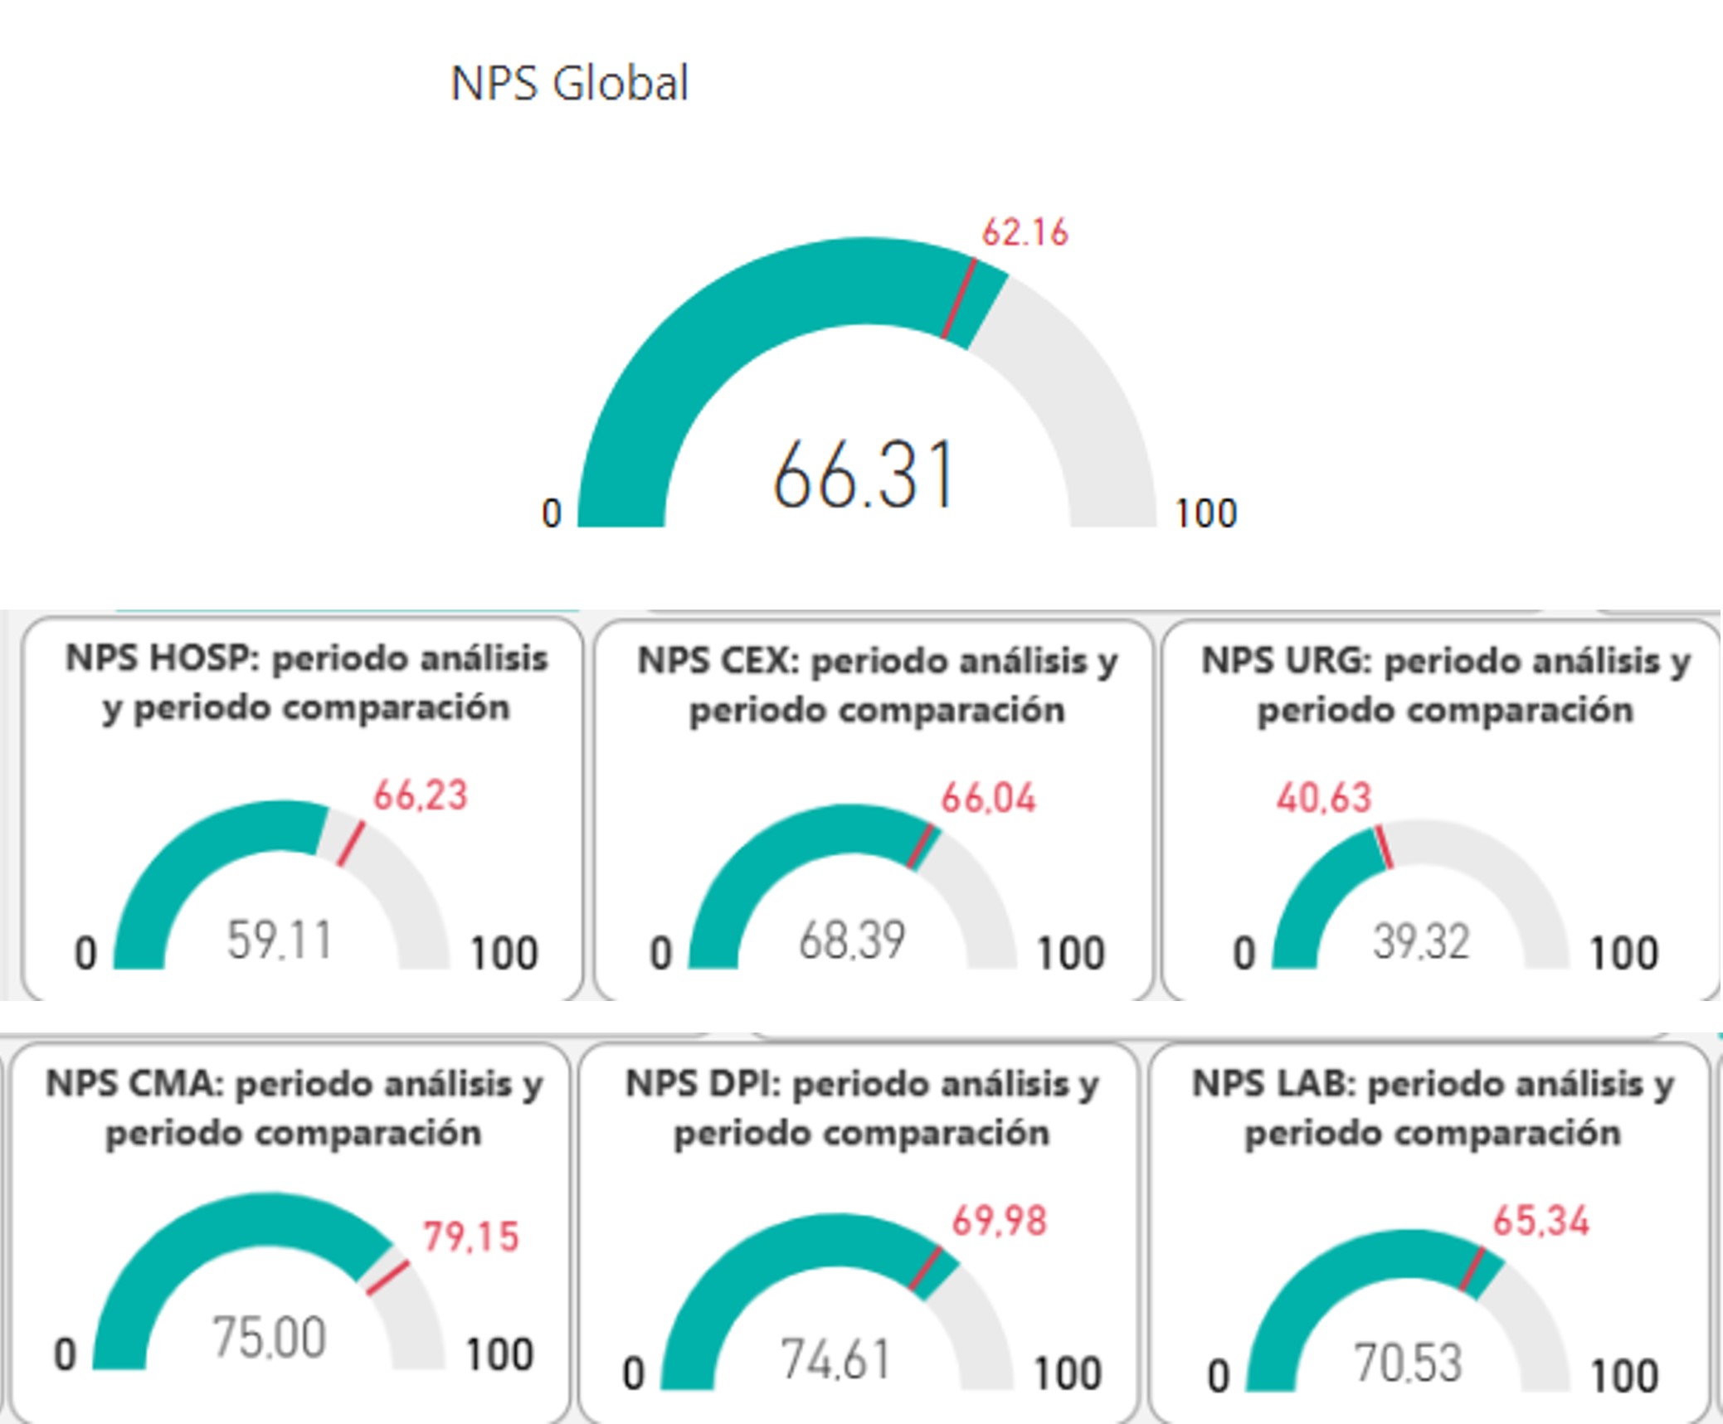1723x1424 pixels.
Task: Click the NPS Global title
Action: click(x=569, y=83)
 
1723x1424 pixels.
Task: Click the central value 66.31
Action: click(x=863, y=475)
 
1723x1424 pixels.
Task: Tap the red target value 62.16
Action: click(x=1025, y=232)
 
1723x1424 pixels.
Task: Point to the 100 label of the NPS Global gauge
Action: click(x=1205, y=513)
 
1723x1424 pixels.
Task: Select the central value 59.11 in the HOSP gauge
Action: click(x=279, y=940)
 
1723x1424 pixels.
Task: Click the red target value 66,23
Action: click(x=421, y=795)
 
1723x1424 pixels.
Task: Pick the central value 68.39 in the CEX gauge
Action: click(x=851, y=940)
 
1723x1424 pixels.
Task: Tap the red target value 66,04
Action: click(x=988, y=799)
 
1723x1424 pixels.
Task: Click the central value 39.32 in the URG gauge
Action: click(x=1421, y=942)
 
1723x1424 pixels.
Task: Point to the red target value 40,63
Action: click(x=1323, y=798)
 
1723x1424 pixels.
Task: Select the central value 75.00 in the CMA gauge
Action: click(x=269, y=1338)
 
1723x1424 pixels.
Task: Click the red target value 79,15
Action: click(x=470, y=1237)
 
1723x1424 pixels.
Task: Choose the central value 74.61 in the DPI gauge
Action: click(x=835, y=1361)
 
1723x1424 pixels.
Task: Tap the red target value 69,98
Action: click(x=999, y=1222)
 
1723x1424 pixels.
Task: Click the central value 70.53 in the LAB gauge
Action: click(x=1407, y=1363)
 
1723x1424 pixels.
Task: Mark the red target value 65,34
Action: click(x=1540, y=1222)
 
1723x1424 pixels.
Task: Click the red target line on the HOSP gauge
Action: click(x=350, y=844)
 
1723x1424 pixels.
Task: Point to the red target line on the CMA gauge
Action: click(x=387, y=1278)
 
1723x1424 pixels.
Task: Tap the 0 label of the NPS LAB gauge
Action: click(x=1218, y=1376)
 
